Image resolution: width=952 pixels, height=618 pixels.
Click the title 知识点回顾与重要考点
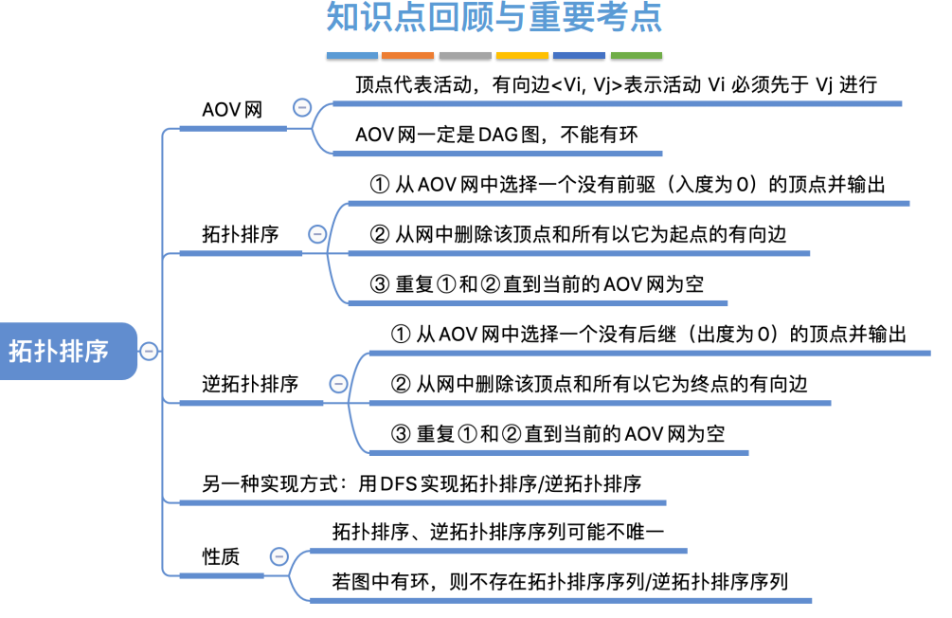click(494, 19)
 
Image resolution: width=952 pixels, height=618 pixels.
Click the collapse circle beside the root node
click(149, 352)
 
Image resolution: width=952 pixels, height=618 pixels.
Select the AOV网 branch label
click(232, 109)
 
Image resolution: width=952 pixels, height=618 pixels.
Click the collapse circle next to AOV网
click(302, 108)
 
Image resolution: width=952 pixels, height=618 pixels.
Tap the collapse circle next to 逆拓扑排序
click(338, 384)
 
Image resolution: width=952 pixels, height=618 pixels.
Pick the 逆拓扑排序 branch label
click(250, 384)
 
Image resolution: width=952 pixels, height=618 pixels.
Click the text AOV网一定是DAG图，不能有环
click(496, 135)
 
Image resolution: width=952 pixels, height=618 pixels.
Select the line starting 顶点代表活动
click(616, 84)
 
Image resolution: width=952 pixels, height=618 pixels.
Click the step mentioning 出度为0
click(649, 334)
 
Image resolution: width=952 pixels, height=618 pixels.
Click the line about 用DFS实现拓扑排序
click(422, 483)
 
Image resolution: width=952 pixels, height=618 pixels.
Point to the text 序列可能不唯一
click(497, 532)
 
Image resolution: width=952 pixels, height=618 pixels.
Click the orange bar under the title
click(408, 56)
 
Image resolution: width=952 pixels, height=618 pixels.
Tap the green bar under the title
click(636, 56)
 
